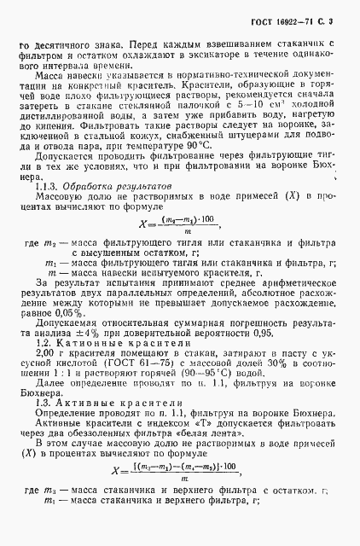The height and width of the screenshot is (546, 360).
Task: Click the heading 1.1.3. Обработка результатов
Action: click(x=107, y=207)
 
